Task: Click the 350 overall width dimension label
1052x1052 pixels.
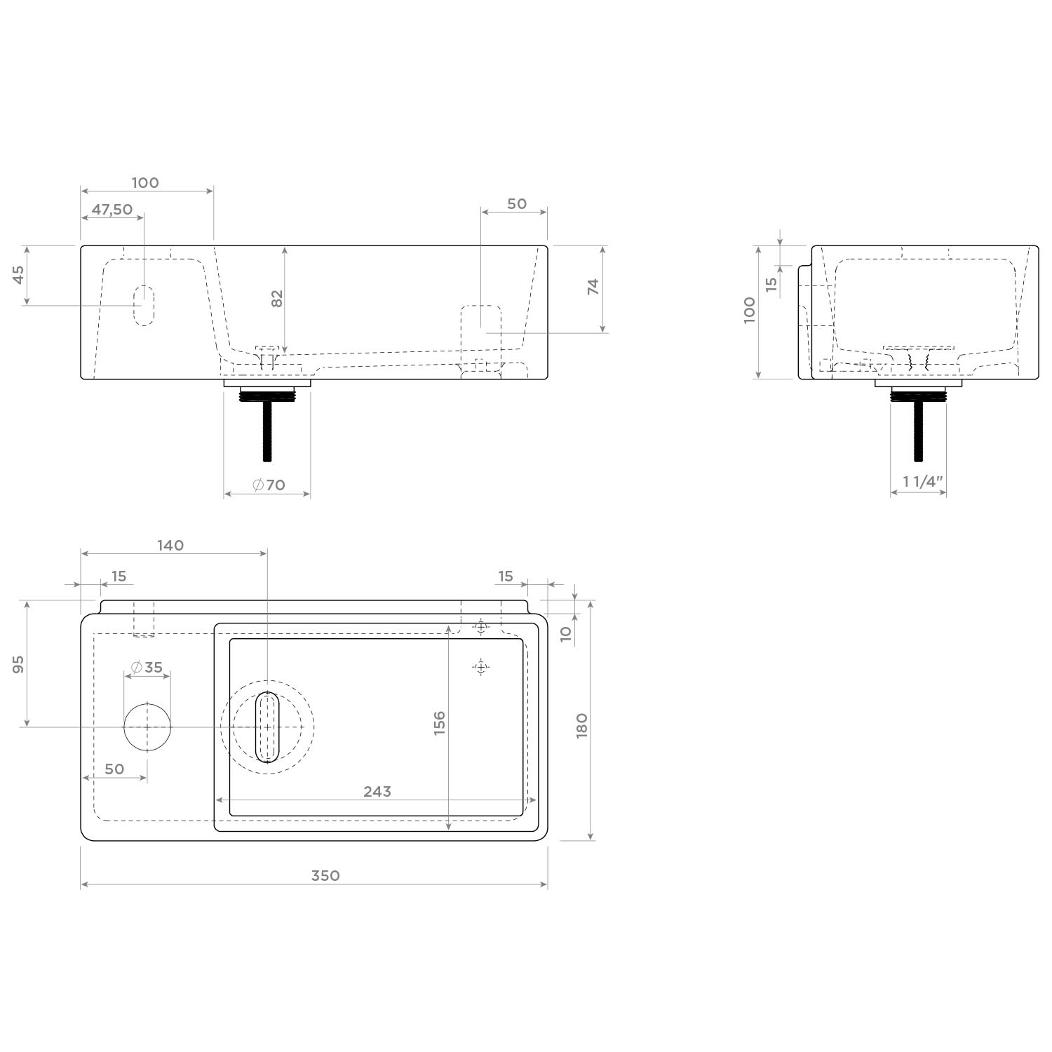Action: coord(325,875)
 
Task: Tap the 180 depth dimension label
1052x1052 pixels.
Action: coord(581,725)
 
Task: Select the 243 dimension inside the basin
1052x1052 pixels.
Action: coord(377,791)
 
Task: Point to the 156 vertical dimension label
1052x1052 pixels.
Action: coord(440,723)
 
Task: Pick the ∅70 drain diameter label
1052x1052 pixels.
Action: coord(269,485)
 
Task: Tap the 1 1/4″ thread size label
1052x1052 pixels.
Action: coord(923,482)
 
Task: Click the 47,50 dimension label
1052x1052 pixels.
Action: coord(112,209)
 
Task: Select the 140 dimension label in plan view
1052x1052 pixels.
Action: coord(170,545)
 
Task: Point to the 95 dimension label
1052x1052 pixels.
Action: coord(19,664)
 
